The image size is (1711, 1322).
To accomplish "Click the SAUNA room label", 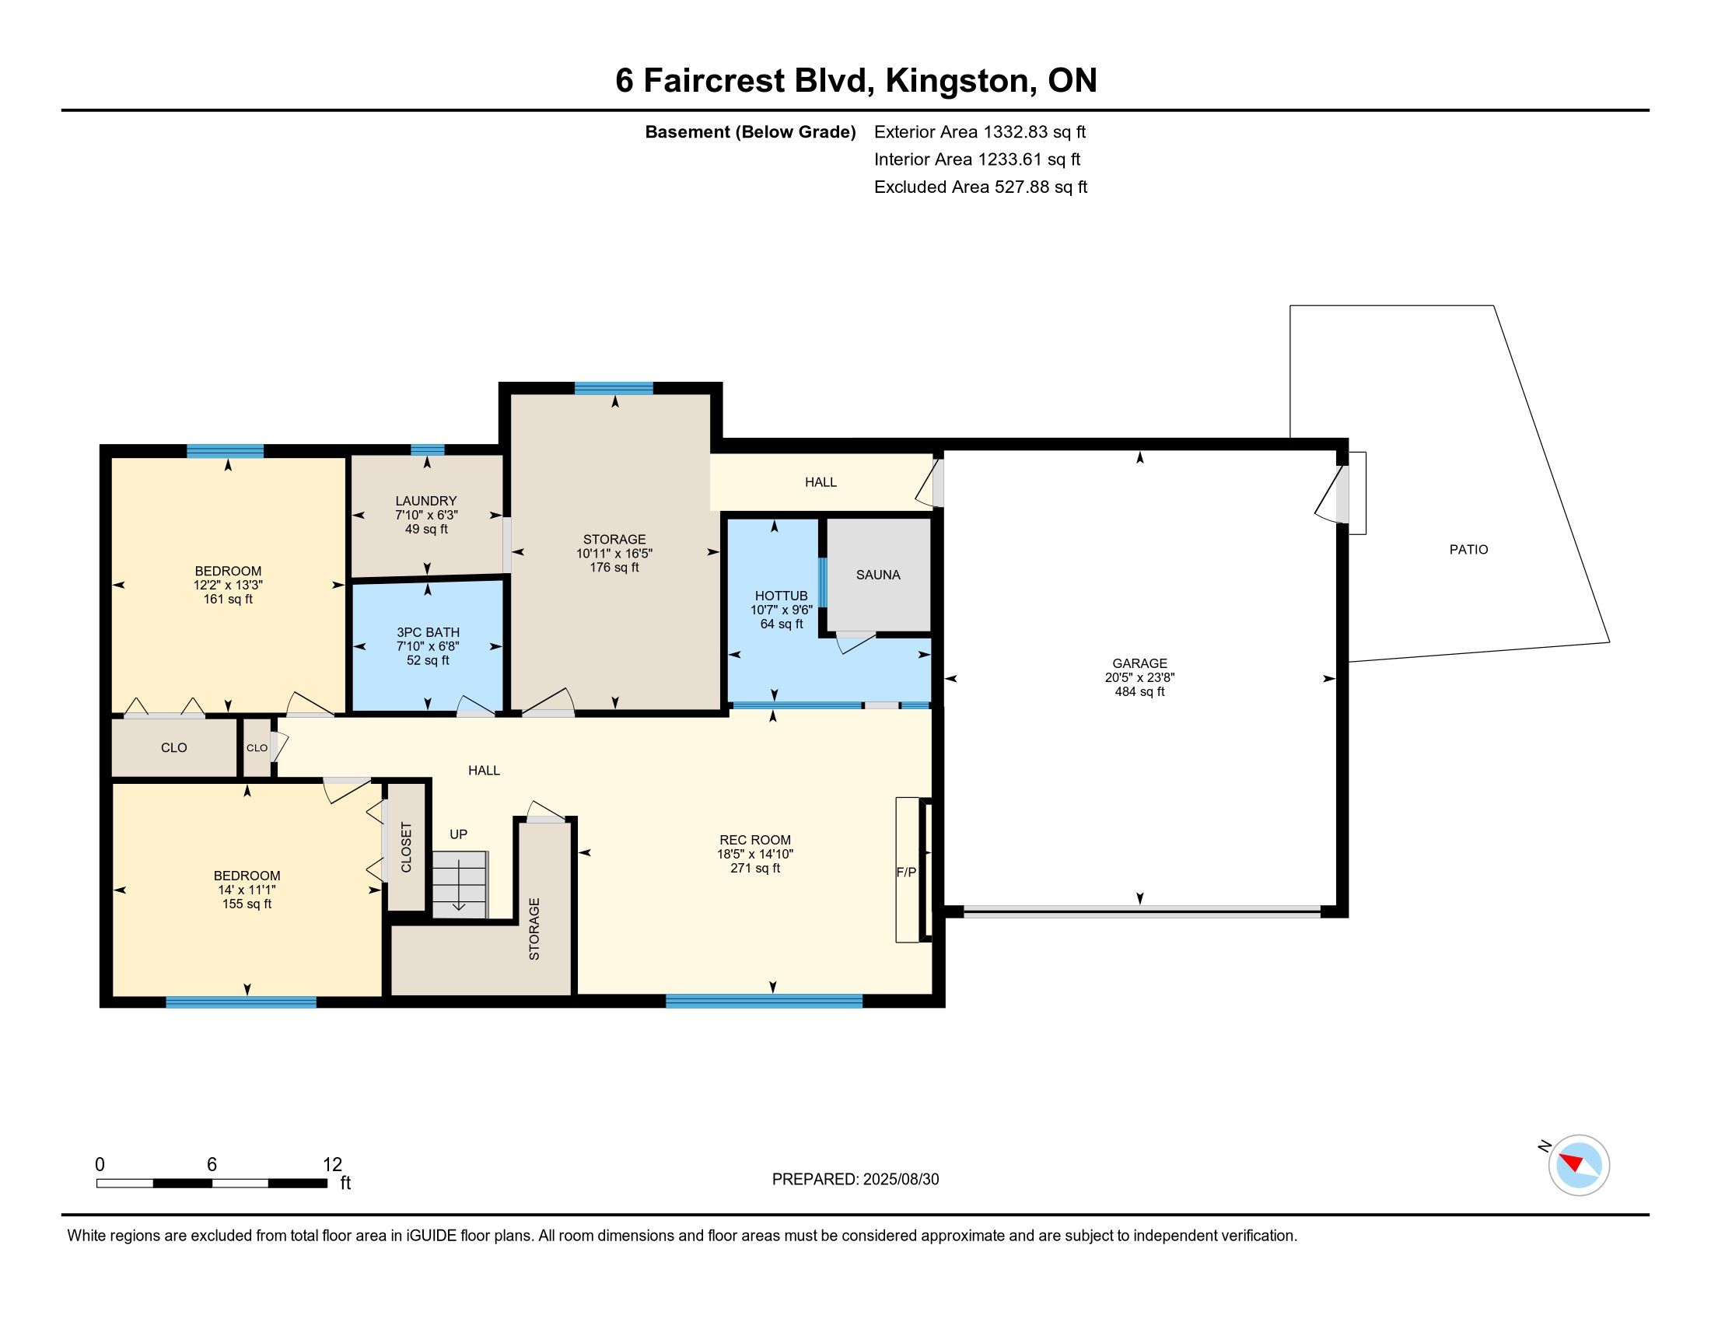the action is click(877, 575).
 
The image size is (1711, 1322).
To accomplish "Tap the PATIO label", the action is click(1468, 550).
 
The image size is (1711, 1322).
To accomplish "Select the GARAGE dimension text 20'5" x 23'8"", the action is click(1140, 677).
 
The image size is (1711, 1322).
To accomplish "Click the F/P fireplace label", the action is click(906, 872).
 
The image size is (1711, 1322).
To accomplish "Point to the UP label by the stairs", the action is click(458, 834).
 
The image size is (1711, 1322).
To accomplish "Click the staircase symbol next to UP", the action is click(460, 884).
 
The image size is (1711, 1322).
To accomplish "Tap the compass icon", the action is click(1579, 1166).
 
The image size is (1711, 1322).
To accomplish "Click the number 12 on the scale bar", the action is click(332, 1165).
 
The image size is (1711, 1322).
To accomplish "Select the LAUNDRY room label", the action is click(426, 502).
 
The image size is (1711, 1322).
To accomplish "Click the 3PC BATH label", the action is click(428, 633).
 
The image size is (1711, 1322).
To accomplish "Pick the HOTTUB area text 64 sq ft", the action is click(781, 624).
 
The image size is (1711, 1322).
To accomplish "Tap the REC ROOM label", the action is click(755, 841).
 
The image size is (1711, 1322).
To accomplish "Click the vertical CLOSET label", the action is click(406, 848).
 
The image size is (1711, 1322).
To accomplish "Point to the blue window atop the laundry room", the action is click(428, 449).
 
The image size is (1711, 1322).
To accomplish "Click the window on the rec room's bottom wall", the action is click(764, 1000).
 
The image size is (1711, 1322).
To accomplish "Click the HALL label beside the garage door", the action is click(821, 482).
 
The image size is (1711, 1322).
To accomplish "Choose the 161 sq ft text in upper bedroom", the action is click(228, 600).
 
